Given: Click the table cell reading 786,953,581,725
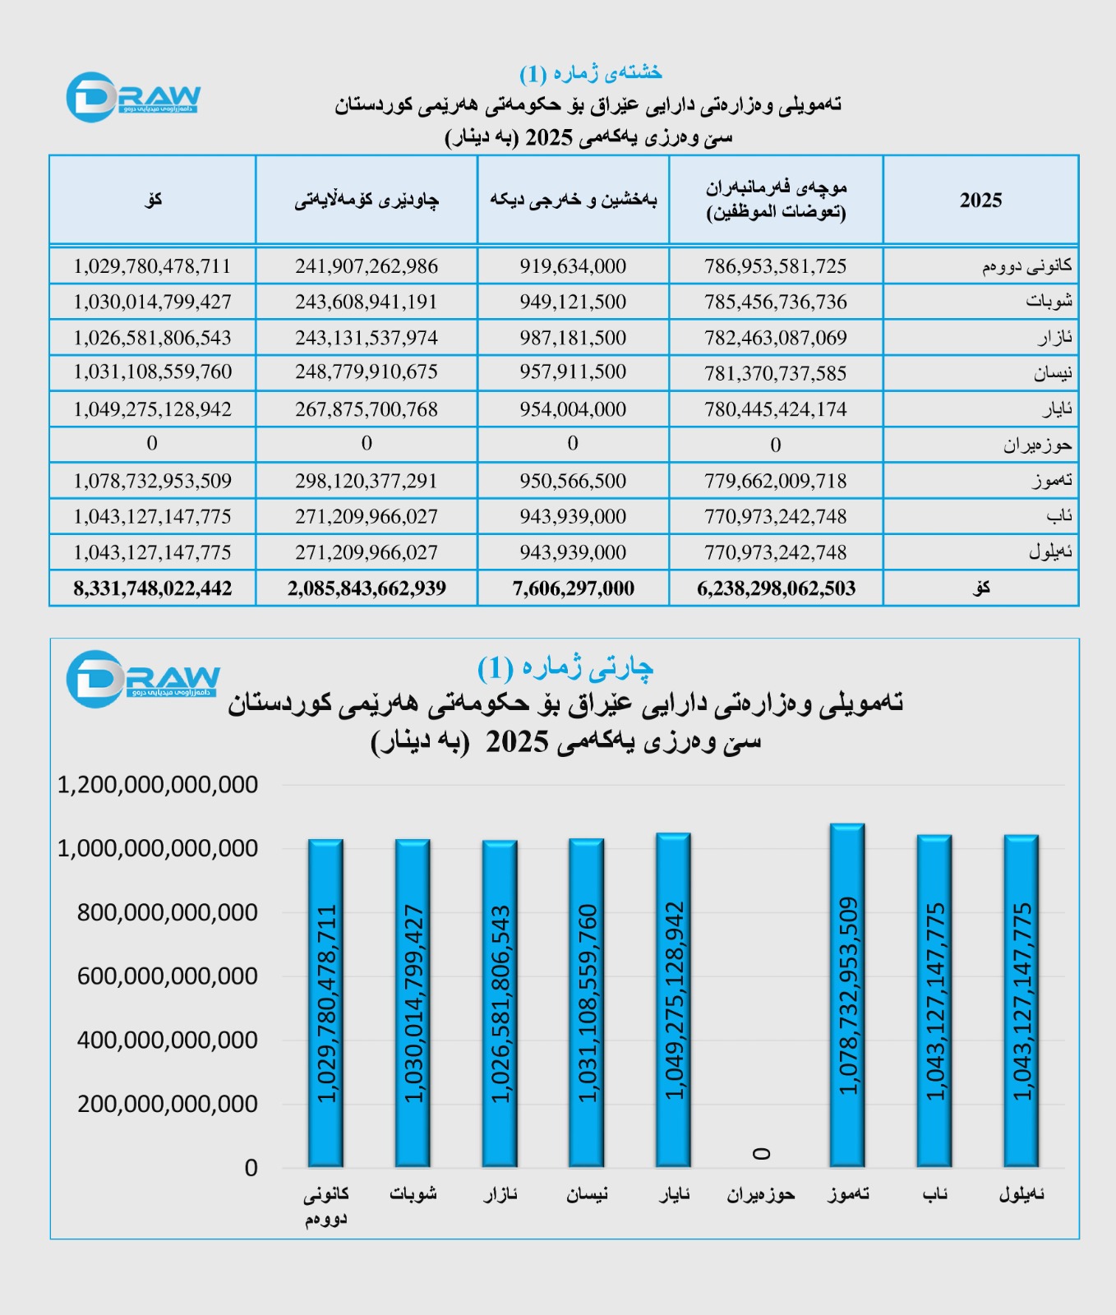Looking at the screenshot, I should (775, 266).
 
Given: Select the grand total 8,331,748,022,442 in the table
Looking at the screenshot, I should (153, 588).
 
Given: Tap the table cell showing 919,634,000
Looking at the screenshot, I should (573, 266).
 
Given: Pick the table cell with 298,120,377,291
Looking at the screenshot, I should (367, 481).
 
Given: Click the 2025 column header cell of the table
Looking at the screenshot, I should (980, 201).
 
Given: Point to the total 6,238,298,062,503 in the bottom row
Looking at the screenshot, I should (776, 588).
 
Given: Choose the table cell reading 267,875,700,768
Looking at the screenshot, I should (367, 409).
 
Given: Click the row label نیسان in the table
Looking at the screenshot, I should (1053, 374).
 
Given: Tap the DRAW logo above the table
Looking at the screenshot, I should (133, 98).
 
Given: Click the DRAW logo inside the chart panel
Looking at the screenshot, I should (142, 679).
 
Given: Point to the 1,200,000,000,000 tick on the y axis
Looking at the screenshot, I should (158, 785).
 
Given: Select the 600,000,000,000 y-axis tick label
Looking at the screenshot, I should (168, 976).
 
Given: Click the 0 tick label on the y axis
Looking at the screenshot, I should (251, 1168).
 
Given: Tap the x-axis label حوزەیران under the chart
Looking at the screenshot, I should (760, 1194).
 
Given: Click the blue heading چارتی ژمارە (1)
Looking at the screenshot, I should (565, 667).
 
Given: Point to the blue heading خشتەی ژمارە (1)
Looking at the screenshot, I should (590, 73).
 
